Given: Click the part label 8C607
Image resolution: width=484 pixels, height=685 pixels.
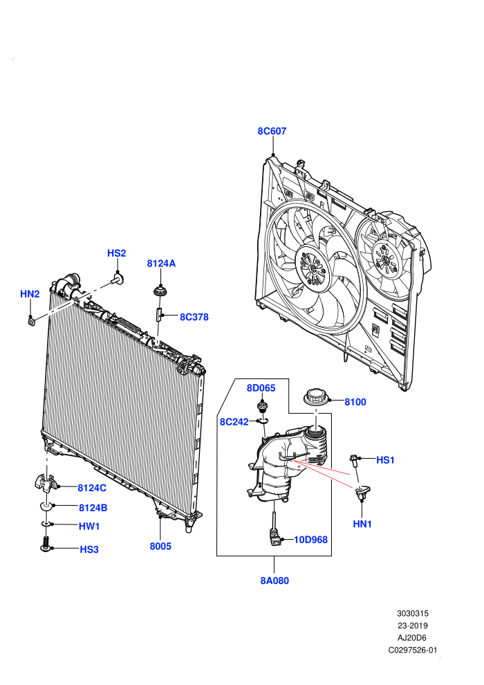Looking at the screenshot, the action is pos(272,131).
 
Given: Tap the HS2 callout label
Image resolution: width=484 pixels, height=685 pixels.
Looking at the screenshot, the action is pos(117,253).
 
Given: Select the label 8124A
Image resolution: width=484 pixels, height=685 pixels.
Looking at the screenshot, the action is pos(161,264).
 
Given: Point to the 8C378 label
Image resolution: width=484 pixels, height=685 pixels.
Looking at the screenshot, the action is pos(194,317).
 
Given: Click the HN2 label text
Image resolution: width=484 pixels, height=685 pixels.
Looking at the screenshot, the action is pos(30,294).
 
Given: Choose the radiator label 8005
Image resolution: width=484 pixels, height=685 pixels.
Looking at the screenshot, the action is pos(160,546).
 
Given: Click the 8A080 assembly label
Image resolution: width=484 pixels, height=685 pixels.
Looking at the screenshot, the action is pos(274,581).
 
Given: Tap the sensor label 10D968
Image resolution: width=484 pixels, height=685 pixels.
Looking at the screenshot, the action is pos(310,540).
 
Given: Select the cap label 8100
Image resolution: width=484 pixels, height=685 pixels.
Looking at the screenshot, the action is pos(355,402).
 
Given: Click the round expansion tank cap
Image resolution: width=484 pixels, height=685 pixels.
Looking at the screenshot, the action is pos(316,396).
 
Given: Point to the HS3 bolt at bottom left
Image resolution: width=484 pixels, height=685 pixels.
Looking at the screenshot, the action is pos(46,545).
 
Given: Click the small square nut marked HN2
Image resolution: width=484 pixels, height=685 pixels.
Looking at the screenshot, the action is pos(31,322).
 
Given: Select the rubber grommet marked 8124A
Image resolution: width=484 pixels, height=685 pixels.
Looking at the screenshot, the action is pos(161,291).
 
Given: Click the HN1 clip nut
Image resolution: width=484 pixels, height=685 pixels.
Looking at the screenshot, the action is pos(362,492).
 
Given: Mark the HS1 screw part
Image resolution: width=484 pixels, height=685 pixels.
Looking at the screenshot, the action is pos(354,460).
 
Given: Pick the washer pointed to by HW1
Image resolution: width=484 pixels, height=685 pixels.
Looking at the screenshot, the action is pos(46,523).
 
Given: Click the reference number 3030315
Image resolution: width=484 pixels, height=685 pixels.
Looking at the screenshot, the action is pos(412,613).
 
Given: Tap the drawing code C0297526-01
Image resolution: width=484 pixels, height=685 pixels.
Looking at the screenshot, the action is pos(413,650).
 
